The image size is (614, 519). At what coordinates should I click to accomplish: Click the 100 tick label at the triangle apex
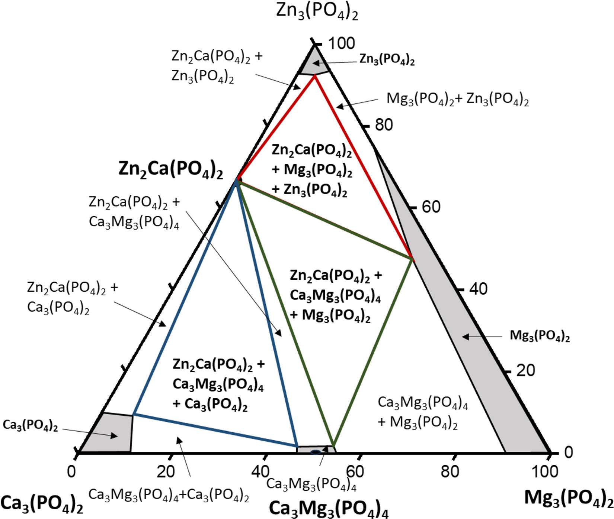pyautogui.click(x=341, y=43)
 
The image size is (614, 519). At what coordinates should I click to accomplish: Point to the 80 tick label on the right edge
pyautogui.click(x=384, y=125)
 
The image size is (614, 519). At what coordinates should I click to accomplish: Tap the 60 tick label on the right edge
pyautogui.click(x=431, y=207)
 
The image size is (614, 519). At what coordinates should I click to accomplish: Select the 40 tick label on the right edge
pyautogui.click(x=478, y=288)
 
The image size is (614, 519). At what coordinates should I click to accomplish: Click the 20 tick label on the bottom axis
pyautogui.click(x=166, y=471)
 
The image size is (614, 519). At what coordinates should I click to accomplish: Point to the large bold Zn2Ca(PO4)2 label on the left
pyautogui.click(x=171, y=170)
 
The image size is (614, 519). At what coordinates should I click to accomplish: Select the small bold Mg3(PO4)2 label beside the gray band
pyautogui.click(x=540, y=336)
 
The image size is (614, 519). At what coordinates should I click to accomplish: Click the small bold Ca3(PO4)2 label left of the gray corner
pyautogui.click(x=30, y=425)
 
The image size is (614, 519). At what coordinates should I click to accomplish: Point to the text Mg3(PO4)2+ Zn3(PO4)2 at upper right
pyautogui.click(x=458, y=99)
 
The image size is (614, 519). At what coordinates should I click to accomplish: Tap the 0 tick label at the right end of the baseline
pyautogui.click(x=568, y=452)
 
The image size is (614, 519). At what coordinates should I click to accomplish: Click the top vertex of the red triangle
pyautogui.click(x=315, y=75)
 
